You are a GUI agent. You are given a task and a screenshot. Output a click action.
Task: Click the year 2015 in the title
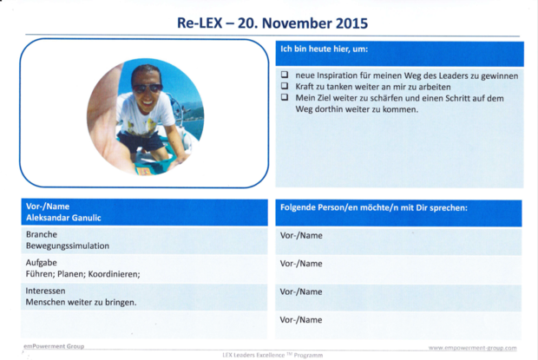pos(351,23)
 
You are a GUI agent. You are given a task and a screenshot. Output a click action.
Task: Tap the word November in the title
pos(297,23)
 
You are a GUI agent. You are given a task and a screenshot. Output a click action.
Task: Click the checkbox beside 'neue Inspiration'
pos(285,75)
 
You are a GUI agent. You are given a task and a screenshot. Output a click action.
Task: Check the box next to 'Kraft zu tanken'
pos(285,86)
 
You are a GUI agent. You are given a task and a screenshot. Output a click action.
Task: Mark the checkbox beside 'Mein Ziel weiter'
pos(285,97)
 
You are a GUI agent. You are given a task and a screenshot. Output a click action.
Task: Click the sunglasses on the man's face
pos(148,88)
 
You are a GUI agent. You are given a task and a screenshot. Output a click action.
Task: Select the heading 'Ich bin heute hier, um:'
pos(324,49)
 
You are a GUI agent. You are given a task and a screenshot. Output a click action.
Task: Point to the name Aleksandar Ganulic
pos(63,218)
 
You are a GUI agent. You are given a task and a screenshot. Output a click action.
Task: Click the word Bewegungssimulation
pos(68,245)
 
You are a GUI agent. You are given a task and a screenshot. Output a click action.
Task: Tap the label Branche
pos(42,234)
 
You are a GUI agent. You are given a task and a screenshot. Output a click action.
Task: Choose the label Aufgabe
pos(41,263)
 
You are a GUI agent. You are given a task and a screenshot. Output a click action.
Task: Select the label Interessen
pos(45,291)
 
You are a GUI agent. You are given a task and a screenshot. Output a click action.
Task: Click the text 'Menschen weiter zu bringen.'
pos(81,303)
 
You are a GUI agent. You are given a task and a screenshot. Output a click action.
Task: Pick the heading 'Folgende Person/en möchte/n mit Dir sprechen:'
pos(374,208)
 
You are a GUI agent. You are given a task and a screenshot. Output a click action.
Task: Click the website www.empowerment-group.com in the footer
pos(472,348)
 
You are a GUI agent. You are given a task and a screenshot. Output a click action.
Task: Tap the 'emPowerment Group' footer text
pos(54,346)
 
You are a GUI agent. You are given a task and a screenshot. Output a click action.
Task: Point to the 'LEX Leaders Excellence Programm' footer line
pos(272,355)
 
